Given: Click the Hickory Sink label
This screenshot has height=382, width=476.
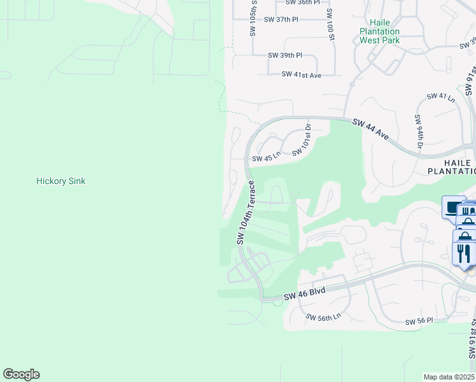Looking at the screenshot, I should coord(61,181).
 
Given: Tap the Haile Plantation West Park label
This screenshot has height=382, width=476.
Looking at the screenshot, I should coord(379,31).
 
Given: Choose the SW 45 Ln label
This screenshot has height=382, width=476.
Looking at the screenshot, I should coord(267,159).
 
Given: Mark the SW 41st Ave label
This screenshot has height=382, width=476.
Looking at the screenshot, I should coord(302,74).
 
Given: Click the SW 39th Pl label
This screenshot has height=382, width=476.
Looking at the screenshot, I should coord(284,55).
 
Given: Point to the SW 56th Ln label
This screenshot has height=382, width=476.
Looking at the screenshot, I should coord(323,317).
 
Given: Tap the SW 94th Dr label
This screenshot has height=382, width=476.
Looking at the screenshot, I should coord(419,132).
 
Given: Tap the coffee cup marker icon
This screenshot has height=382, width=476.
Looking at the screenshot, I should coord(454,207).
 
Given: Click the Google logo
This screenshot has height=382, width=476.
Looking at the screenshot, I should coord(21,374).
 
